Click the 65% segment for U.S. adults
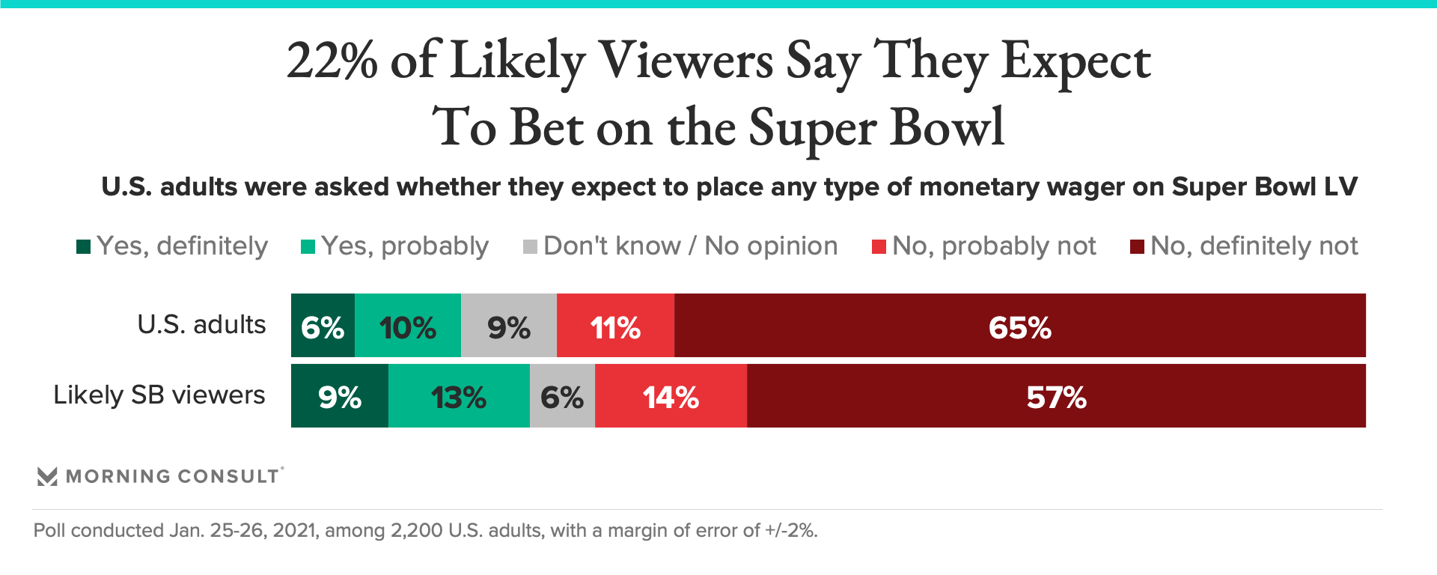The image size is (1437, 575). tap(1019, 326)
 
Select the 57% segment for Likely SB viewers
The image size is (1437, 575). tap(1056, 396)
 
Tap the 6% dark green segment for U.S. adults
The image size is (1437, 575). tap(323, 326)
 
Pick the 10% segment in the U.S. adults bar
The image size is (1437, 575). tap(407, 326)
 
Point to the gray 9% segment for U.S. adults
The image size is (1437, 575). tap(508, 326)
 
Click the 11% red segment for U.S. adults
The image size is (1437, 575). tap(615, 326)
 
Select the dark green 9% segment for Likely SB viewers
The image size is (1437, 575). tap(339, 396)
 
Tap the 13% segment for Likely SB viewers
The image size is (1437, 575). tap(459, 396)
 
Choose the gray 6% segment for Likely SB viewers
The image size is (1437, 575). tap(562, 396)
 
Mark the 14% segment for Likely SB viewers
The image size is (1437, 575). tap(671, 396)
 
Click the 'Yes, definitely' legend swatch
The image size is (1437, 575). tap(84, 246)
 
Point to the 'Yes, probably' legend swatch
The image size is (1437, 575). tap(308, 246)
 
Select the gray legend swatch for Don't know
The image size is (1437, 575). tap(530, 246)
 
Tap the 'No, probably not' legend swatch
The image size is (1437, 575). tap(879, 246)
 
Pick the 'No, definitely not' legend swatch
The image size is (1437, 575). tap(1137, 246)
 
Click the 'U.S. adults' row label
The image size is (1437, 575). tap(201, 324)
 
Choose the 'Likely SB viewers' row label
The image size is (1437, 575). tap(159, 395)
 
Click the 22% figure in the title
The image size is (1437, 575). tap(332, 61)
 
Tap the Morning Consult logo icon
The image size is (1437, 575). tap(47, 476)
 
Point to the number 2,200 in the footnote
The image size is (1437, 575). tap(416, 531)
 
